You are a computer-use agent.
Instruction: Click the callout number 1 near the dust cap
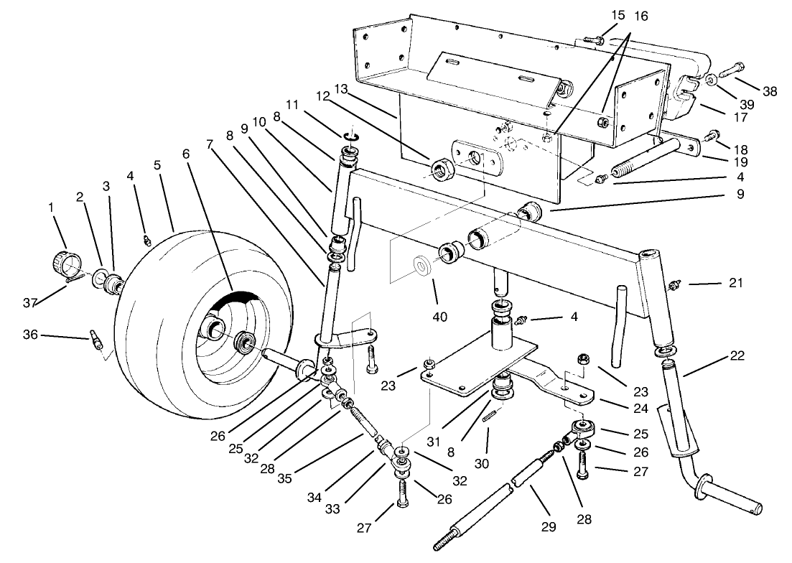(51, 207)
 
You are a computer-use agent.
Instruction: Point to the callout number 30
(481, 463)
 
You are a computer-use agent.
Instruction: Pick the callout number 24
(641, 410)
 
